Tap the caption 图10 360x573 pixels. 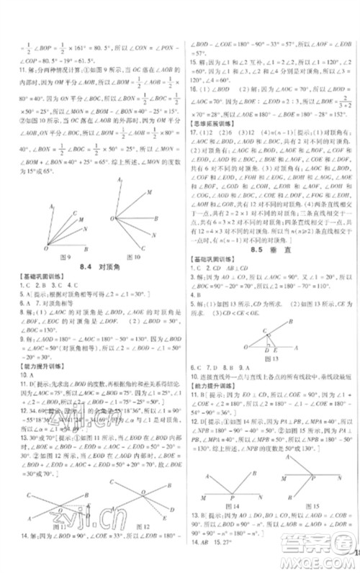(132, 257)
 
